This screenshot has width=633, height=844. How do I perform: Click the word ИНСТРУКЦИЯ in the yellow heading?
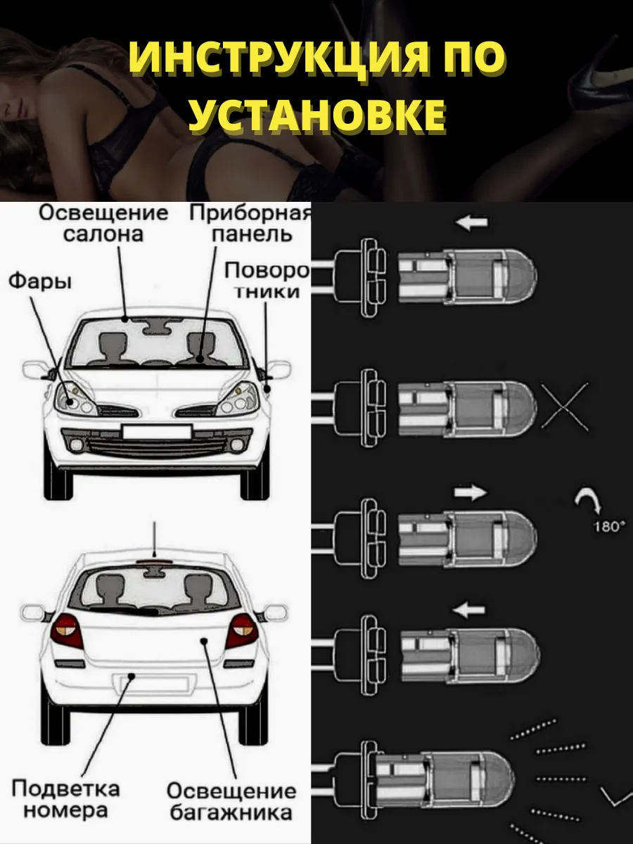pyautogui.click(x=285, y=59)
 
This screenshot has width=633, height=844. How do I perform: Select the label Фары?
pyautogui.click(x=40, y=282)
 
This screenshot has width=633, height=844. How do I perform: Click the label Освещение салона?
pyautogui.click(x=104, y=224)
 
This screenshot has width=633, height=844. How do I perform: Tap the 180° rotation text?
pyautogui.click(x=607, y=526)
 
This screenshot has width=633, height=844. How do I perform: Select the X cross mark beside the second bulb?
pyautogui.click(x=565, y=407)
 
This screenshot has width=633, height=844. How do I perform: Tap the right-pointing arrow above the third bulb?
pyautogui.click(x=471, y=492)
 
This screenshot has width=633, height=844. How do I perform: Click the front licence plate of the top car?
pyautogui.click(x=157, y=431)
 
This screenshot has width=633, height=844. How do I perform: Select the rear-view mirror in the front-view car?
pyautogui.click(x=156, y=326)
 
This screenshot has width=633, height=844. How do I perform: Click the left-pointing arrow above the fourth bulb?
pyautogui.click(x=469, y=610)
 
